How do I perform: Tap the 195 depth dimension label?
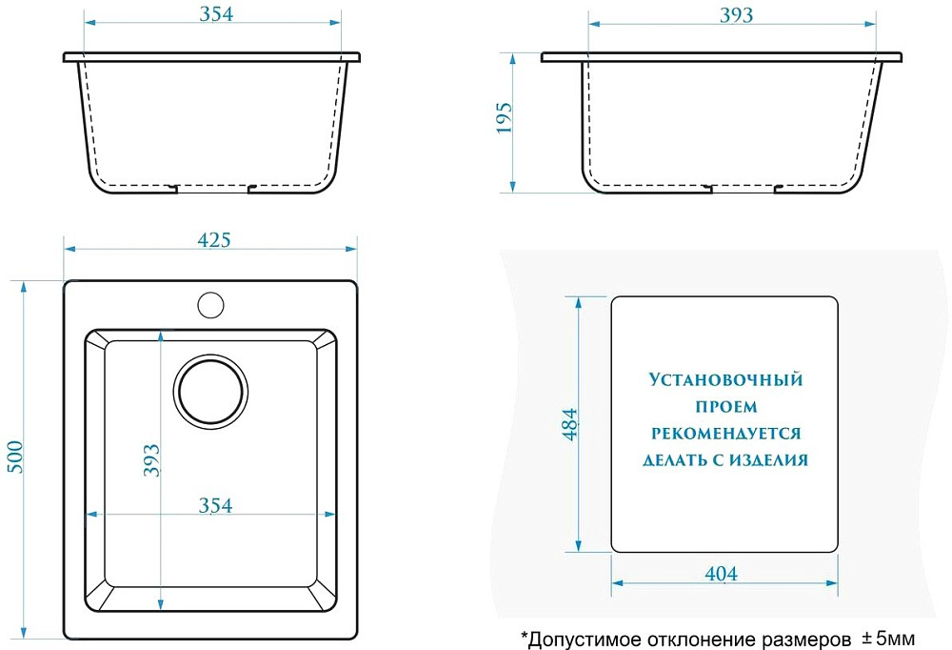pos(504,118)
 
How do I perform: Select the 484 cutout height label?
pos(569,424)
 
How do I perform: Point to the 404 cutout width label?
pos(722,574)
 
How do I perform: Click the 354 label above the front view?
pos(216,14)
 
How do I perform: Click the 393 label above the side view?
pos(737,15)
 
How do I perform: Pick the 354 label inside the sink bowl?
pos(215,505)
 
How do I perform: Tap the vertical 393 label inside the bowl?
pos(151,460)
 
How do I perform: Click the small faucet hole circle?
pos(210,305)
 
